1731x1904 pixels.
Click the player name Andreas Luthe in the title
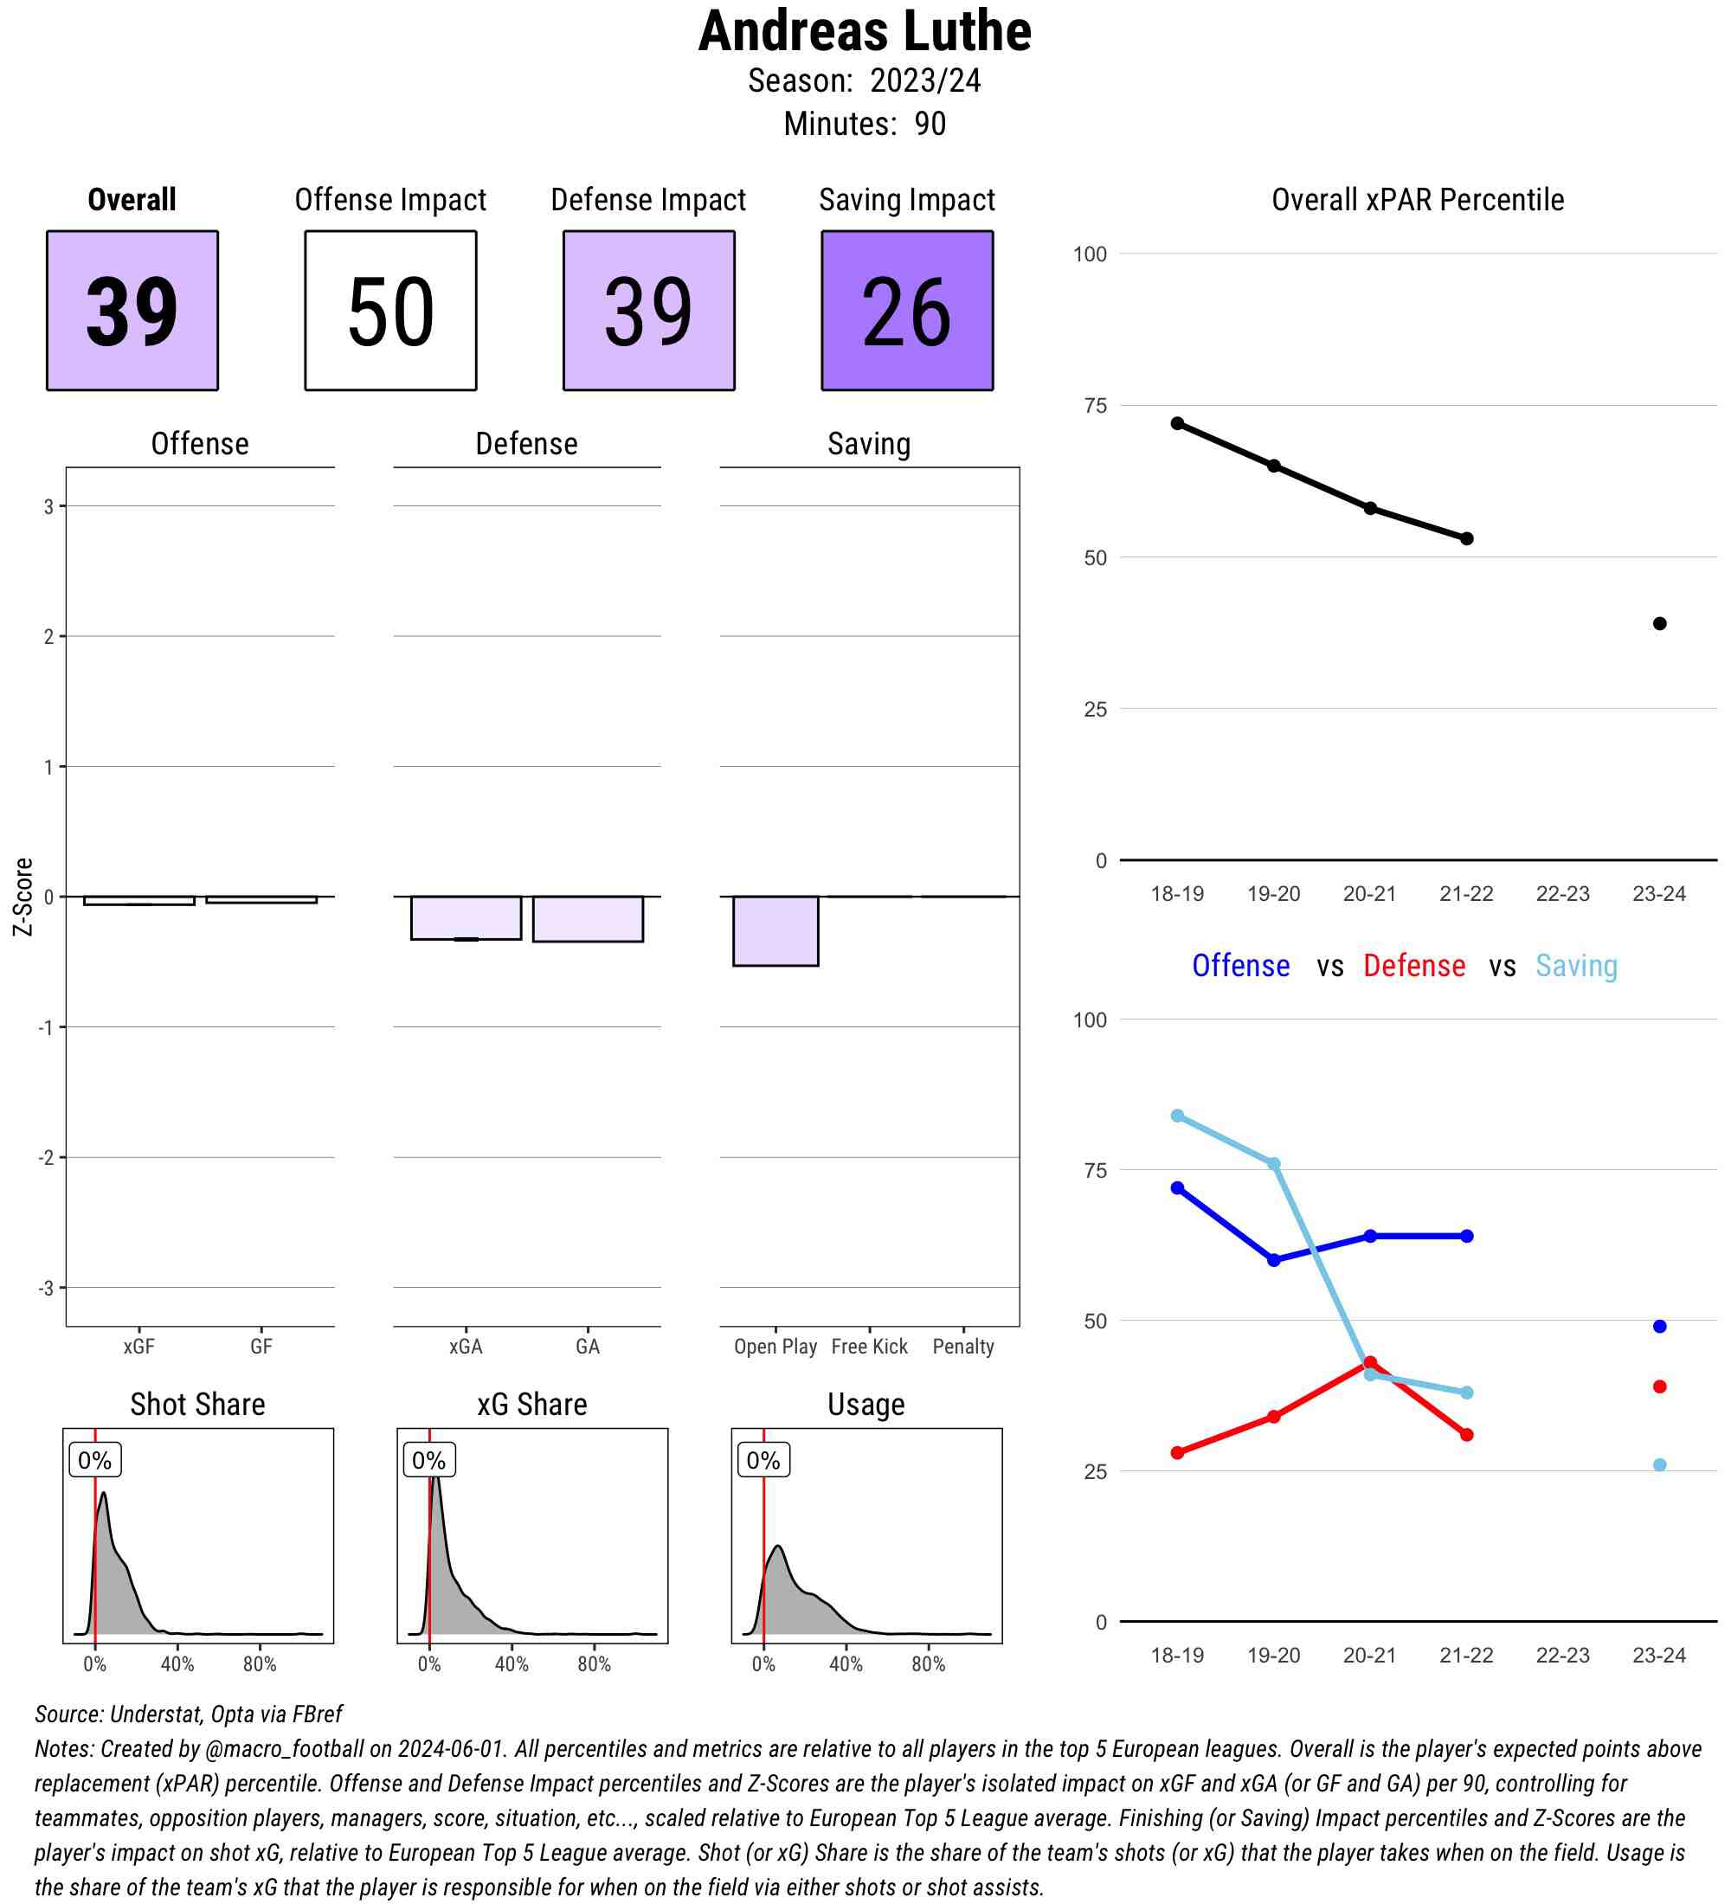click(864, 32)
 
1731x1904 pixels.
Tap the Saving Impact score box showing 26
click(906, 310)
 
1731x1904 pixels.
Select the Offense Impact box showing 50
click(390, 310)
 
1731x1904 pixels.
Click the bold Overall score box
click(132, 310)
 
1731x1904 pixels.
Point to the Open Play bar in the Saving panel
click(775, 930)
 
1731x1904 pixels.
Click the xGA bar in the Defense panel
click(466, 917)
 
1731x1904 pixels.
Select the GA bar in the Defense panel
click(588, 918)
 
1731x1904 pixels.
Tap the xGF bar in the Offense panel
click(138, 900)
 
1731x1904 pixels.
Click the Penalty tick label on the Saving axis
click(962, 1346)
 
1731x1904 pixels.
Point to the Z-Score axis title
click(23, 897)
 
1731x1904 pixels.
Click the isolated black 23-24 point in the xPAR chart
click(1659, 623)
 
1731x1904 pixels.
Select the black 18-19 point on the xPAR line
click(1178, 423)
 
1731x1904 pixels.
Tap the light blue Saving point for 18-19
click(1178, 1116)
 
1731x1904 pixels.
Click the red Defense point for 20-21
click(1370, 1363)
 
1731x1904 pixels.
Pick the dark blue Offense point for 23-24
click(1659, 1326)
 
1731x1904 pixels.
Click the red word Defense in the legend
click(1413, 965)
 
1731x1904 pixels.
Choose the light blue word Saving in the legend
click(1576, 965)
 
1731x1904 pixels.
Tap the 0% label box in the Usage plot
click(763, 1460)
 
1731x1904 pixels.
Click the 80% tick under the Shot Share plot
click(260, 1663)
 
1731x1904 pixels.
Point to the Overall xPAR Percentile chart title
click(1418, 199)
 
